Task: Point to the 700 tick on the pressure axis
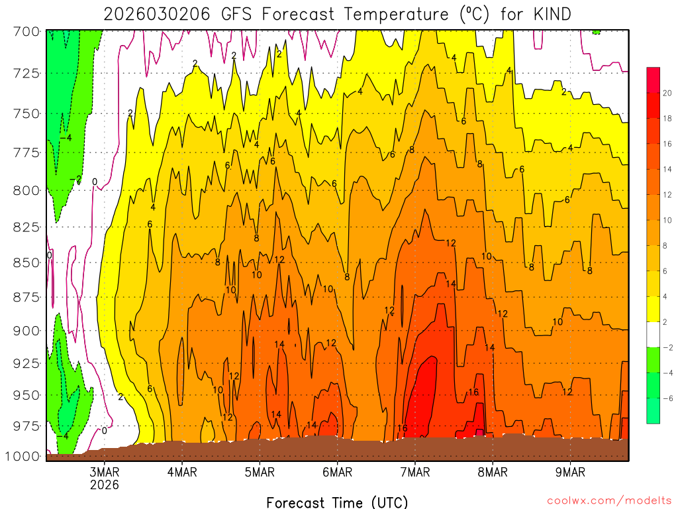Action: (26, 31)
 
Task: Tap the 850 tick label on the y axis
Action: (26, 263)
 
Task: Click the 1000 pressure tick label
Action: (23, 456)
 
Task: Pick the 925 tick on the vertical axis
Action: (26, 363)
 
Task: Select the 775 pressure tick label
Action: (26, 153)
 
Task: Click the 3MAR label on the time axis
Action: (105, 473)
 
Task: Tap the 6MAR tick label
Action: (338, 473)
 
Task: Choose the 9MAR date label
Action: (571, 473)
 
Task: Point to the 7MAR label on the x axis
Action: (415, 473)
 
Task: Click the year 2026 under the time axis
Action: (105, 484)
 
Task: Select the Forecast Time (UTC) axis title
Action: (337, 502)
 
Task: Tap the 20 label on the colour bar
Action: (667, 93)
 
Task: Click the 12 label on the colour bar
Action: (667, 195)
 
